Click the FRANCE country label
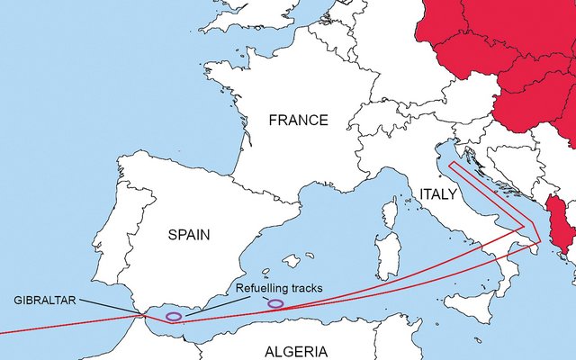(299, 120)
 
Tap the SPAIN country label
(189, 235)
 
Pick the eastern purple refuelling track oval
(275, 303)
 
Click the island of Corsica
(389, 213)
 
